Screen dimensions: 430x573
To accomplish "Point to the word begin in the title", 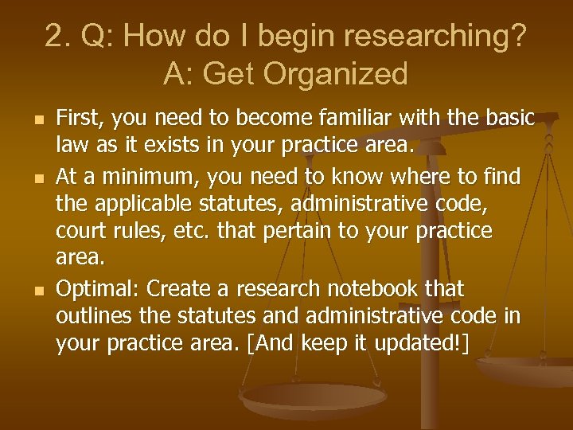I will click(x=306, y=37).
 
